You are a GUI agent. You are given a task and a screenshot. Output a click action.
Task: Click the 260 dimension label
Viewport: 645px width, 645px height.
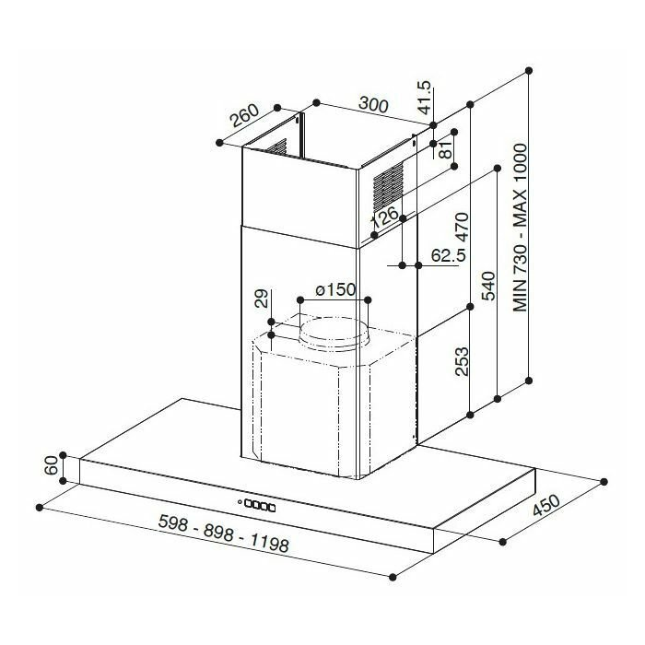coord(245,115)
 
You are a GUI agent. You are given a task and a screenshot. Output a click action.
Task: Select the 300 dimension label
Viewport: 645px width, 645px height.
coord(373,104)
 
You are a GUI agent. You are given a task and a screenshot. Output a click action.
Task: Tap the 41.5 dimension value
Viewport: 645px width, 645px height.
coord(424,97)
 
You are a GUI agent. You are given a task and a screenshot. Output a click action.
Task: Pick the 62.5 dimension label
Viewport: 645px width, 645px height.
coord(449,255)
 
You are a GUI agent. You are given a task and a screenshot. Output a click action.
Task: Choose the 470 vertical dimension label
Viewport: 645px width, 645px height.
coord(462,227)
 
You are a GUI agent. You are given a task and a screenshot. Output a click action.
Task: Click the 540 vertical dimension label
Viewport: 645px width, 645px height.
coord(488,287)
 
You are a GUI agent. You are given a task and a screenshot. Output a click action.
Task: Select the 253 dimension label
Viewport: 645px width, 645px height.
coord(462,361)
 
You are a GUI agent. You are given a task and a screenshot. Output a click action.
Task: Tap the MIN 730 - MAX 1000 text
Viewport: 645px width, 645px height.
coord(520,228)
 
